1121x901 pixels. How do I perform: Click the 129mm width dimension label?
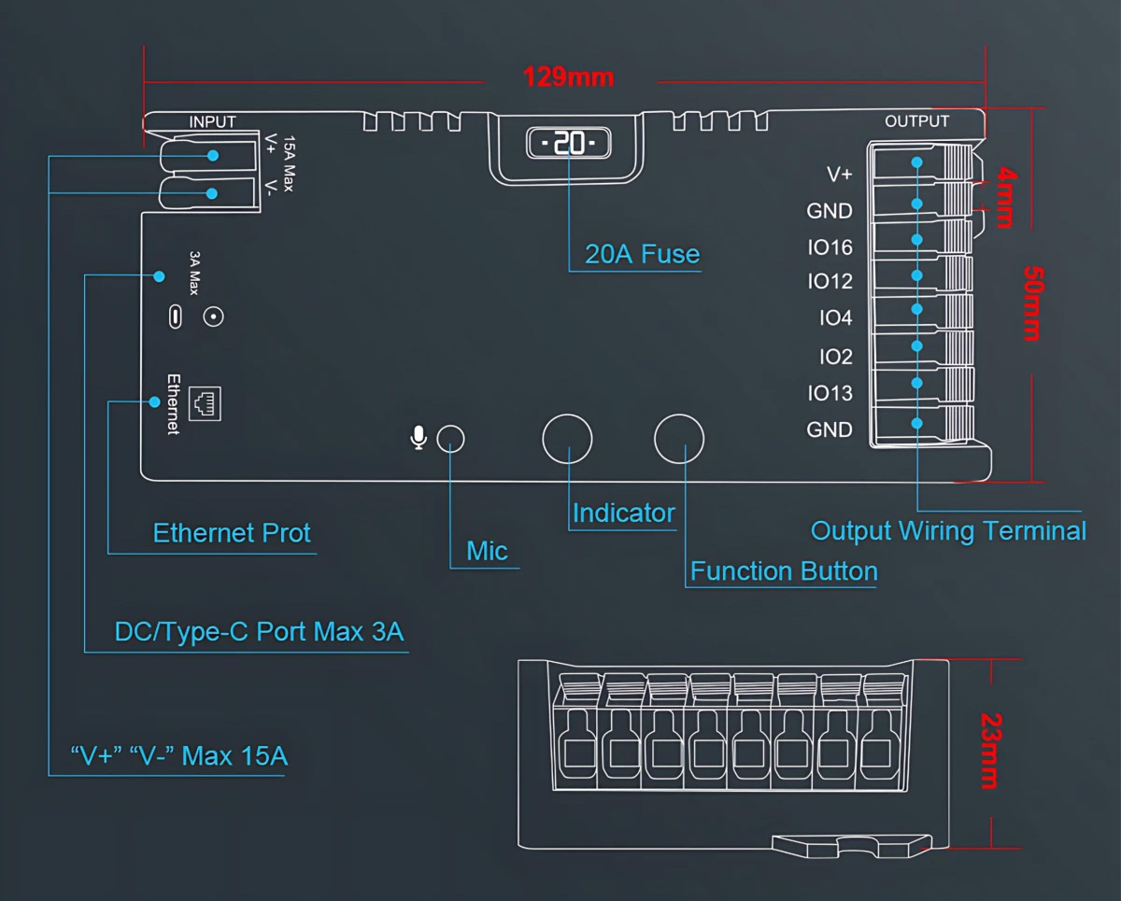[568, 77]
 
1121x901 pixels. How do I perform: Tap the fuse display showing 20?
[568, 143]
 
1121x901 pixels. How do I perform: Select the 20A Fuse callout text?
[642, 254]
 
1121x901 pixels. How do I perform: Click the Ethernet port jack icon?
[205, 402]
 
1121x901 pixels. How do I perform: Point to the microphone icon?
[419, 437]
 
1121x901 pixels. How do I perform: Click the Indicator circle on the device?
[568, 438]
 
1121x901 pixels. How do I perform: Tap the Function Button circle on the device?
[678, 438]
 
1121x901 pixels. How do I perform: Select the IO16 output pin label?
[830, 247]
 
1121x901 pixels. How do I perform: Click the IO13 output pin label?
[830, 393]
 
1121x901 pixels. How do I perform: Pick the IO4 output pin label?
[835, 318]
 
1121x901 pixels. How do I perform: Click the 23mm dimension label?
[991, 751]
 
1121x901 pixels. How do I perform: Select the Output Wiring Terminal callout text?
[947, 531]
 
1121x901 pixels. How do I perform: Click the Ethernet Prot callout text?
[232, 533]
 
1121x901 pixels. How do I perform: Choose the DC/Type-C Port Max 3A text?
[259, 632]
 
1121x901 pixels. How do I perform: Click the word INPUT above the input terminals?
[212, 121]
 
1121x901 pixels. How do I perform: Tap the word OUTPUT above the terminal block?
[916, 121]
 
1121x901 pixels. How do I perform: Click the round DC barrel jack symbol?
[214, 317]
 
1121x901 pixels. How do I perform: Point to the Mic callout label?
[487, 551]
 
